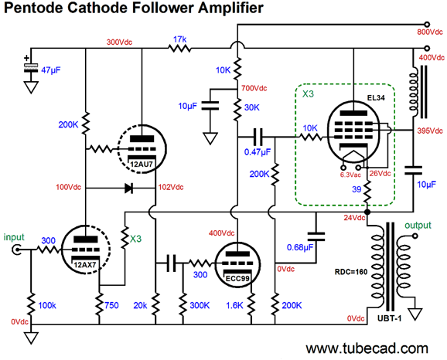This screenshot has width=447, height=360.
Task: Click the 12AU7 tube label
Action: pos(142,165)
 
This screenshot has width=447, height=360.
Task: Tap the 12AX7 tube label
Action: pos(85,265)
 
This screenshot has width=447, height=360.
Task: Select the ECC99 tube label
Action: pos(237,278)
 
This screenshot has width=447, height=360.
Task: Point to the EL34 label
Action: pos(376,97)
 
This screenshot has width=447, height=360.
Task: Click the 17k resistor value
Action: pos(180,39)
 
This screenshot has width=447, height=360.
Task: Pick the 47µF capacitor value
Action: pos(51,70)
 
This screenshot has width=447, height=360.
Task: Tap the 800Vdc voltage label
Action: pos(430,32)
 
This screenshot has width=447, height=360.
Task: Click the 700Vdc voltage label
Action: pos(254,88)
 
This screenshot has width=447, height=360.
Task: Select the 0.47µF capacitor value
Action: pos(257,152)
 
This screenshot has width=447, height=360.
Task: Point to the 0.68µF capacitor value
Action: pos(300,247)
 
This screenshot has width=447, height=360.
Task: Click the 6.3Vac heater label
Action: pos(350,175)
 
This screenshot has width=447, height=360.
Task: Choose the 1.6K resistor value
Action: pos(234,306)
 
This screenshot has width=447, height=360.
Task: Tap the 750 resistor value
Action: pos(111,306)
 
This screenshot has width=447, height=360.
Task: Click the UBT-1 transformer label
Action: pos(390,318)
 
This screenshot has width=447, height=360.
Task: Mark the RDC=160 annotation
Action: pos(351,272)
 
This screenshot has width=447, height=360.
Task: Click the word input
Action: pos(14,237)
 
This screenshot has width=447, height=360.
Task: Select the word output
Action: pos(418,226)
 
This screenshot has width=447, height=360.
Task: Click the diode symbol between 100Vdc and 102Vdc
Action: pos(129,188)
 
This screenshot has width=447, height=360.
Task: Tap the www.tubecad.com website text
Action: pos(367,348)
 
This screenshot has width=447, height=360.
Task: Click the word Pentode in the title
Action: pos(33,8)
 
